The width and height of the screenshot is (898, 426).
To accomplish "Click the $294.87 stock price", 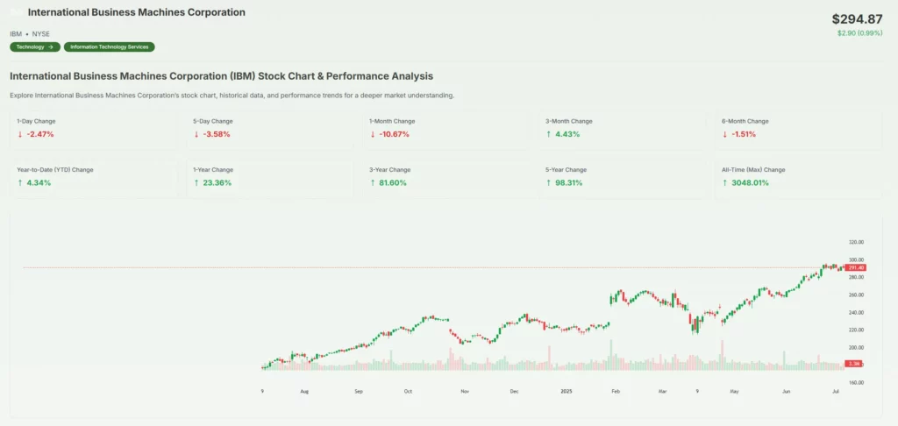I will (857, 18).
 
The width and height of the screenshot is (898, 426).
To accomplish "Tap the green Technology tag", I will (35, 46).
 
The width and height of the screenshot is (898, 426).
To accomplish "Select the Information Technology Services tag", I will (110, 46).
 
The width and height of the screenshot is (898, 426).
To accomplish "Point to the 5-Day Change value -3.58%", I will (214, 134).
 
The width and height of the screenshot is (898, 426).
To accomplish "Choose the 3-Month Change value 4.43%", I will (566, 134).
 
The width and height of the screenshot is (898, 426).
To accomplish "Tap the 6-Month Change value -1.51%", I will (742, 134).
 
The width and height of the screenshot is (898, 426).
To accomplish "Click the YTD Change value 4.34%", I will (38, 182).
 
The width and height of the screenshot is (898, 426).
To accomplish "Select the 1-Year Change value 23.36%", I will (216, 182).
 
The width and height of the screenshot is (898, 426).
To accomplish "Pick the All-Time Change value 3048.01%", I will (748, 182).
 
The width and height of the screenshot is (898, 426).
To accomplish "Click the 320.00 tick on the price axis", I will (856, 242).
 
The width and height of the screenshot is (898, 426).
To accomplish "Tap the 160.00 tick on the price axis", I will (856, 382).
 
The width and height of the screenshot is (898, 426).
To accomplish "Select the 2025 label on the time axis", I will (567, 393).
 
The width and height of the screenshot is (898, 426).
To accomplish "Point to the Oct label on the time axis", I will (408, 393).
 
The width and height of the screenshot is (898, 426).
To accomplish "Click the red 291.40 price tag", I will (856, 267).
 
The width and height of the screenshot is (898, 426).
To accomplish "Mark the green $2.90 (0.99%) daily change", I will (859, 33).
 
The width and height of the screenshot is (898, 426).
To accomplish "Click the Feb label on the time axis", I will (616, 393).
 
